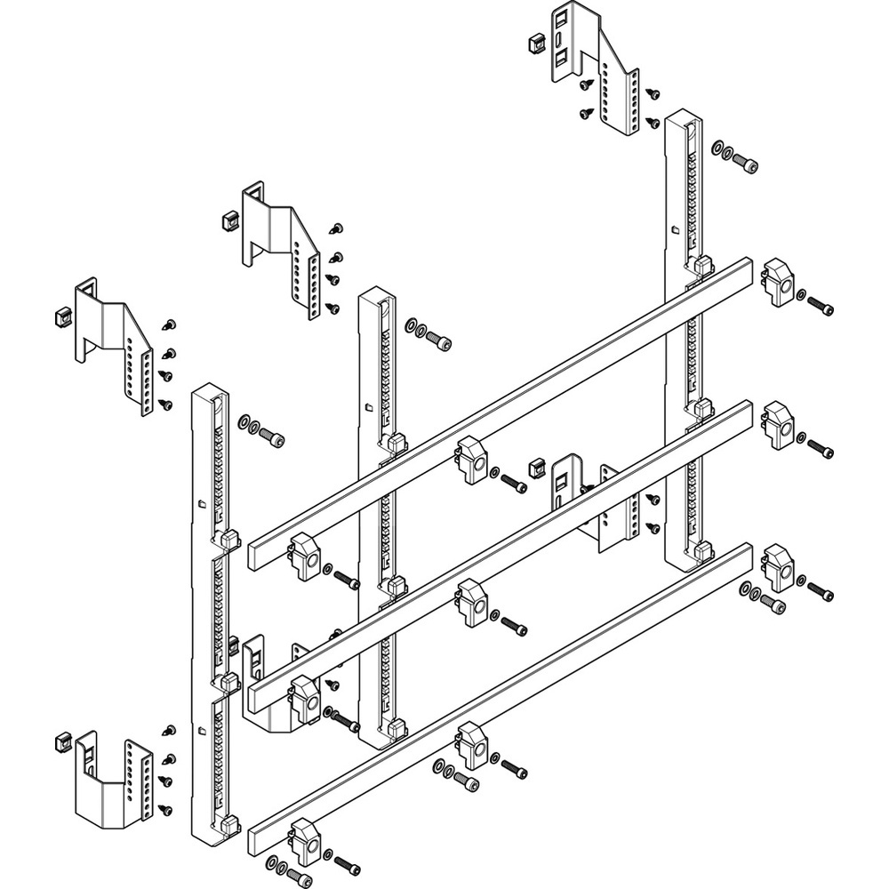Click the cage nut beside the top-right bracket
535,42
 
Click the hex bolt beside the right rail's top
745,163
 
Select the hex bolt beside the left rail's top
274,437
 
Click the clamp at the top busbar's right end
778,282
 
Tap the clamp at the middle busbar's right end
778,424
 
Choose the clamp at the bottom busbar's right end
778,567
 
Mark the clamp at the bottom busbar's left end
304,840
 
